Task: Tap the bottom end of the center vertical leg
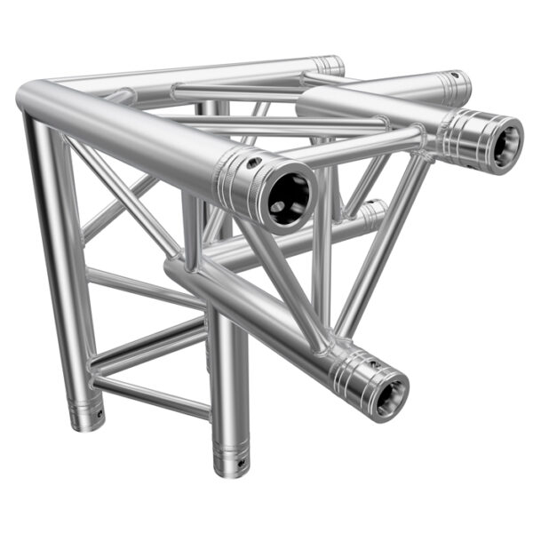[227, 465]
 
